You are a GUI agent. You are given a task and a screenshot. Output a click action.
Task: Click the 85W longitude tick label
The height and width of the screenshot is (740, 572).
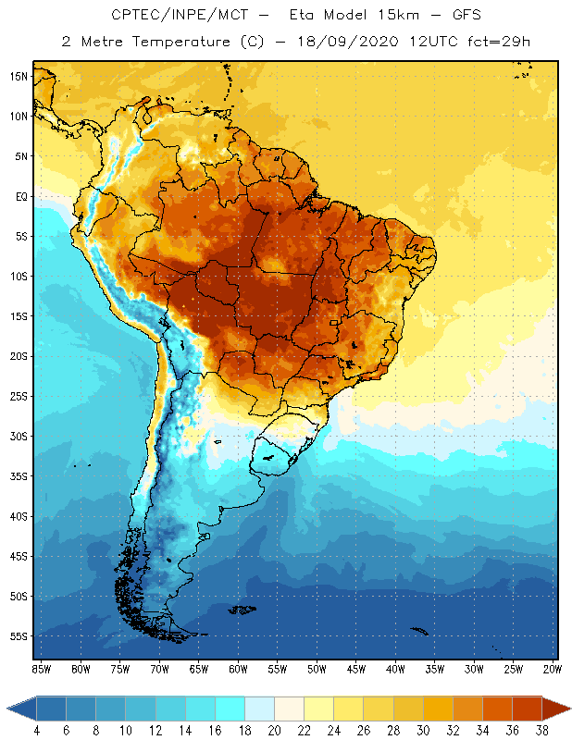tap(41, 669)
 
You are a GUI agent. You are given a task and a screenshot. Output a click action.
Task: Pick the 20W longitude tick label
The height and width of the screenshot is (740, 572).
tap(553, 669)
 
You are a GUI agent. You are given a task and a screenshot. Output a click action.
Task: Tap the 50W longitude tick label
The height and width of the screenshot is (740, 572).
tap(317, 669)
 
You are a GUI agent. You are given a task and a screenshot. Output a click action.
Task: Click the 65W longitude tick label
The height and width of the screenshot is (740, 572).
tap(198, 669)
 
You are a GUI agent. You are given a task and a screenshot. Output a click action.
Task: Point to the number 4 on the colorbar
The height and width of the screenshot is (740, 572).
tap(37, 731)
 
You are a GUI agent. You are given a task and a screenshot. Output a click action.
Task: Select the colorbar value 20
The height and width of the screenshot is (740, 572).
tap(274, 731)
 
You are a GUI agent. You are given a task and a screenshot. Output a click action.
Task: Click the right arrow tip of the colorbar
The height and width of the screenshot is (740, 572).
tap(569, 709)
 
